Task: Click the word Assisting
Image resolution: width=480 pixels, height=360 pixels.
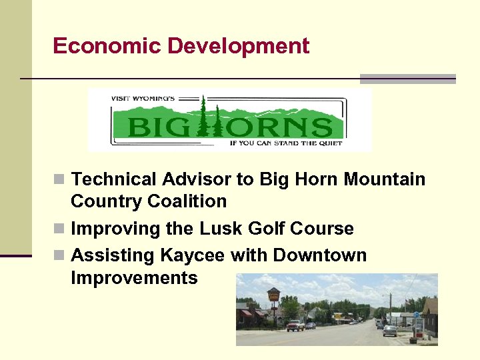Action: [113, 255]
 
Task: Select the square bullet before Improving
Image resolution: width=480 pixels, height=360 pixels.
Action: [60, 229]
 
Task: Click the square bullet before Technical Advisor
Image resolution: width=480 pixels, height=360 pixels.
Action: [60, 180]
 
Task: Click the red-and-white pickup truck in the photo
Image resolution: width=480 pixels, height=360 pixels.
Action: [295, 325]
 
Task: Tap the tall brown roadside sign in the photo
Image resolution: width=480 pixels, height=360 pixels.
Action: [273, 298]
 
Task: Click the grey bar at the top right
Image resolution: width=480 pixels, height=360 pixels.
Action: [407, 79]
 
